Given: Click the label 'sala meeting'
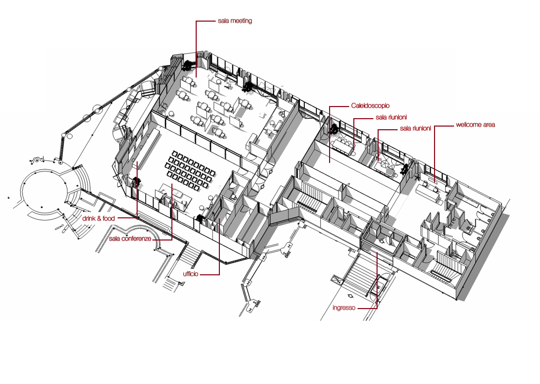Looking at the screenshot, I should click(x=235, y=21).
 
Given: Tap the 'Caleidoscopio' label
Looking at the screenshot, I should click(x=370, y=106).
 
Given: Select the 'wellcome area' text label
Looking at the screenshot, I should click(x=475, y=125).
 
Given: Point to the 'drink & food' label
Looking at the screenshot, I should click(x=98, y=218).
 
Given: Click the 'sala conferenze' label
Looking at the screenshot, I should click(x=130, y=239).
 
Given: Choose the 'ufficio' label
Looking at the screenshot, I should click(x=190, y=274).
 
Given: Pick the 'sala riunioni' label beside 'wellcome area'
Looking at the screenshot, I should click(x=416, y=128).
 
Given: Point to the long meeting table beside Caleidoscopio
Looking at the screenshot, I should click(x=345, y=144).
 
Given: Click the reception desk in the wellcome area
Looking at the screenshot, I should click(x=429, y=190).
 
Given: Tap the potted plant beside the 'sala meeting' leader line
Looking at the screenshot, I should click(x=188, y=65).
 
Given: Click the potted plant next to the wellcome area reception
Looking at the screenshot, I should click(x=406, y=169).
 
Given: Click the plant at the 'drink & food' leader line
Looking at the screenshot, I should click(x=137, y=183).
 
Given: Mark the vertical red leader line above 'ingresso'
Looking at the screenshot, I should click(x=377, y=280).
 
